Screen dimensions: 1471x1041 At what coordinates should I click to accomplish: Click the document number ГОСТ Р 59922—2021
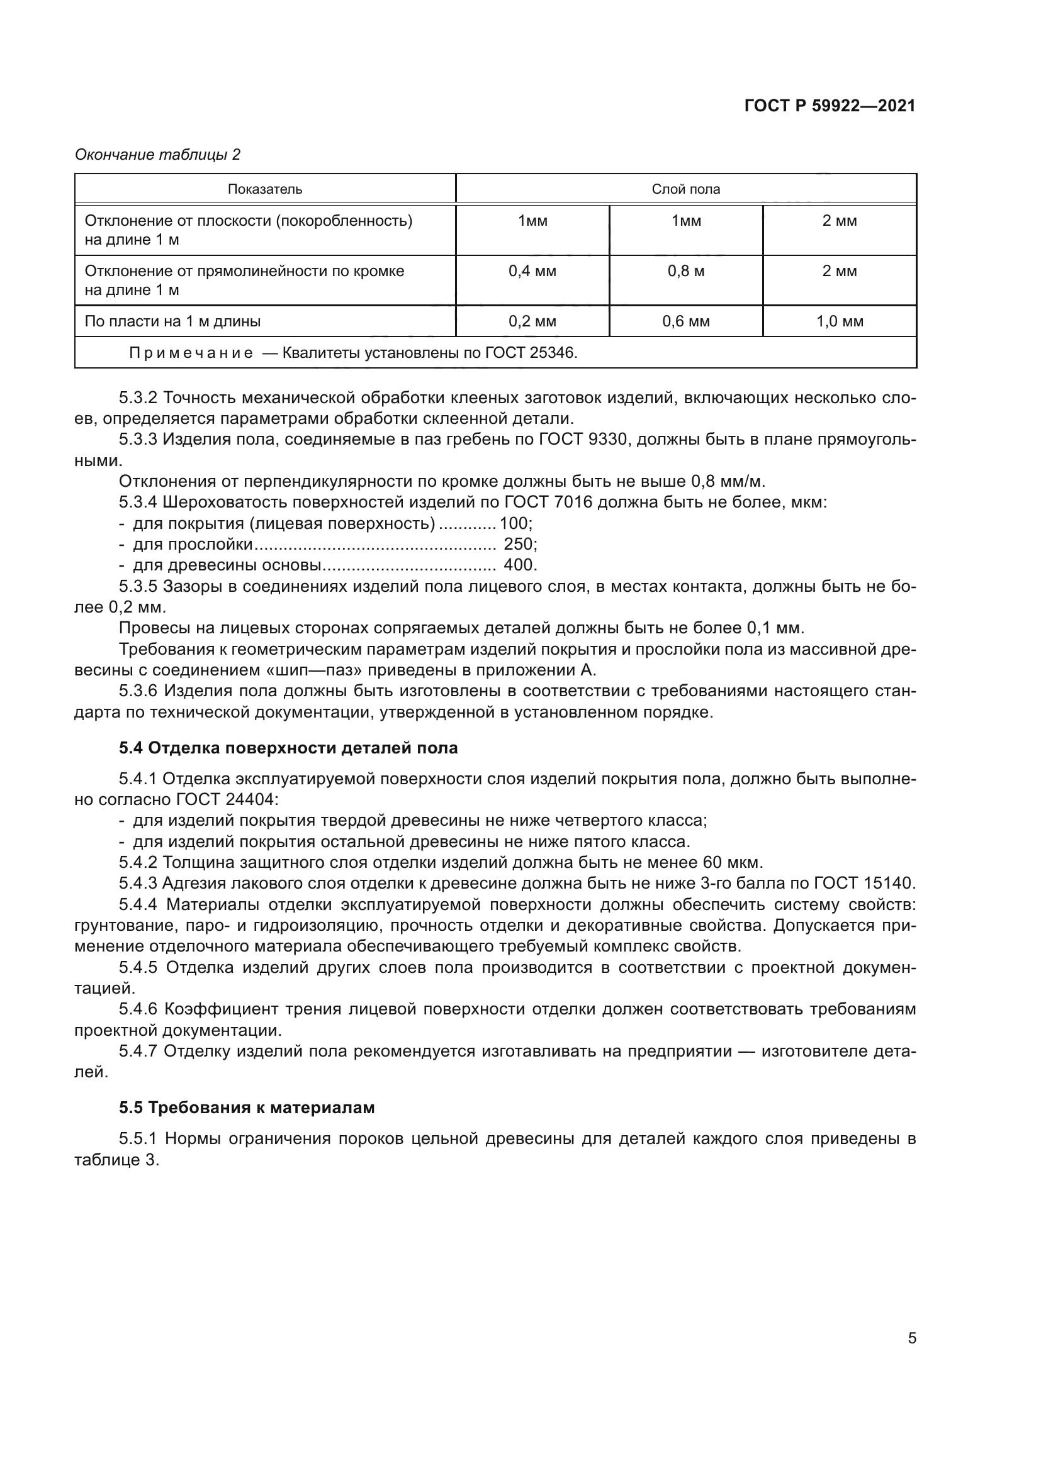click(830, 106)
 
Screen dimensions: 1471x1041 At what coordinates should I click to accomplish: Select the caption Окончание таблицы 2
click(158, 155)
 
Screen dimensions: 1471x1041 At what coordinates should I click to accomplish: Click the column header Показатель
click(265, 189)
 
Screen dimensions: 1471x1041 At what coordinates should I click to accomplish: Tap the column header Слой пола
click(685, 189)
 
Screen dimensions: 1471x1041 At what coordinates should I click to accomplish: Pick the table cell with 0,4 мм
click(532, 271)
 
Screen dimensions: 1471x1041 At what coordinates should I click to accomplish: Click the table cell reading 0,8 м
click(685, 271)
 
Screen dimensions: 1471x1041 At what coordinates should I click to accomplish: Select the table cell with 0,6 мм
click(685, 321)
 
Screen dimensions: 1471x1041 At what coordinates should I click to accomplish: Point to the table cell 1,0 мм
click(839, 321)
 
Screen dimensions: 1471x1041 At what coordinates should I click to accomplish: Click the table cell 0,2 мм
click(532, 321)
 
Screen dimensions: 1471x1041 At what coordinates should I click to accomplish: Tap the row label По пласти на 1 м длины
click(172, 321)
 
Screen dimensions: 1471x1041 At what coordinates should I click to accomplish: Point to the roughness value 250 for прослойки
click(518, 544)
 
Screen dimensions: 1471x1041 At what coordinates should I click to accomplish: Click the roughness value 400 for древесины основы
click(518, 565)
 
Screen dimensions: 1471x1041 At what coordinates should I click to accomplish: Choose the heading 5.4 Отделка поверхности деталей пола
click(288, 748)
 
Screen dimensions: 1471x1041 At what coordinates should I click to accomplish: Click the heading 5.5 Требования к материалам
click(247, 1107)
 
